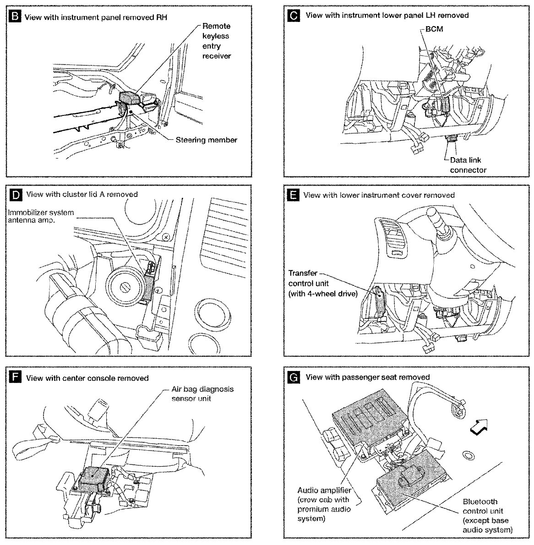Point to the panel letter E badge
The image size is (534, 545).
(293, 196)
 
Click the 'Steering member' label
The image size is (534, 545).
(206, 140)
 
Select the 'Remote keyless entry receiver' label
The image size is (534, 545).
(216, 41)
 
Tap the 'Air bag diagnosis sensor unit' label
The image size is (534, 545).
(202, 393)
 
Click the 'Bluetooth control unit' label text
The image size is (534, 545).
(485, 515)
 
